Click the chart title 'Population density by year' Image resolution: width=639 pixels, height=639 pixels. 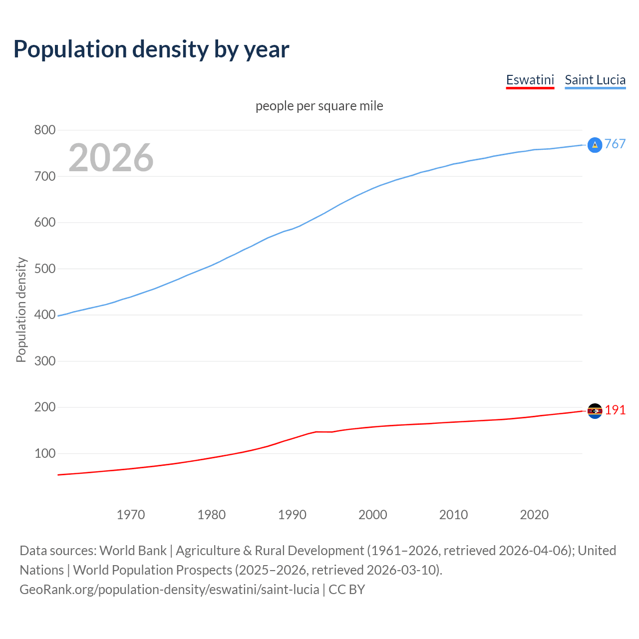point(151,49)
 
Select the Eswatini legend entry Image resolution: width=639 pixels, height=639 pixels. point(530,80)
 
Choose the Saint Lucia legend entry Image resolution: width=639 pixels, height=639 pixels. point(595,80)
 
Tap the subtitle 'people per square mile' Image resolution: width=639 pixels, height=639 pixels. point(319,106)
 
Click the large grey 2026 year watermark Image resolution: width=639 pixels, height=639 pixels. point(111,158)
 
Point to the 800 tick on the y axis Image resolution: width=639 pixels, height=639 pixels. point(44,130)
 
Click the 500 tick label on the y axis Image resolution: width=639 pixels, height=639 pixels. point(44,269)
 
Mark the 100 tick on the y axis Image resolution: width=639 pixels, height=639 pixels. point(44,454)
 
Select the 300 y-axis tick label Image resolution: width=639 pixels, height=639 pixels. point(44,361)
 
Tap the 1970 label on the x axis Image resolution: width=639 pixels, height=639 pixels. point(130,515)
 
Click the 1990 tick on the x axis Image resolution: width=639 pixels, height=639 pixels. point(292,515)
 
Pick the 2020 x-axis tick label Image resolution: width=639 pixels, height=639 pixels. point(534,515)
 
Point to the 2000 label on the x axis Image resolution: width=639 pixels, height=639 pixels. point(372,515)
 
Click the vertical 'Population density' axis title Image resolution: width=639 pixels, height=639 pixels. point(21,310)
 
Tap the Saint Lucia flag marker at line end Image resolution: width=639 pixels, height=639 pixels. point(595,145)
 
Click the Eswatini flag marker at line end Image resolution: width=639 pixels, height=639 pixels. point(595,411)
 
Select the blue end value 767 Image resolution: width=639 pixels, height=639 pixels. point(615,144)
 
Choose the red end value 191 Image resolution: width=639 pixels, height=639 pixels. point(615,410)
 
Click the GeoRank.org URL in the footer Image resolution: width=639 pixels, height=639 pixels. point(169,590)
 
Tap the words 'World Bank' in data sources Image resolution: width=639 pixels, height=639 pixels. point(133,551)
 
